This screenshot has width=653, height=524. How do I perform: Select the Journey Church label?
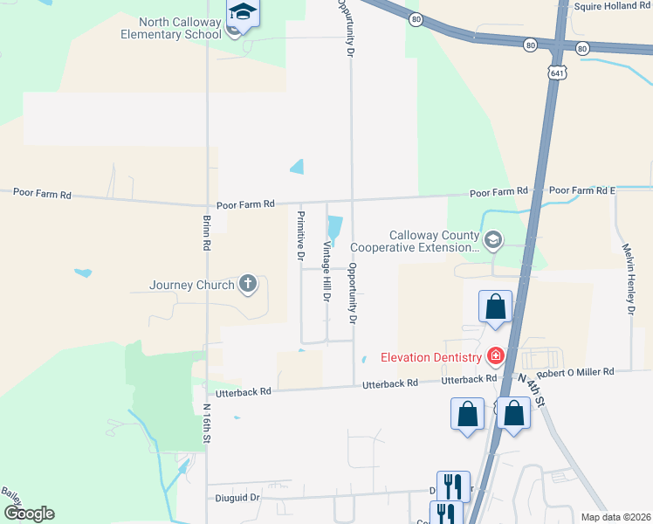(192, 285)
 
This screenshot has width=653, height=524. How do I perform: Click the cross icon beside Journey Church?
(248, 283)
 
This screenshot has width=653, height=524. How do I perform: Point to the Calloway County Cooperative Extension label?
(434, 242)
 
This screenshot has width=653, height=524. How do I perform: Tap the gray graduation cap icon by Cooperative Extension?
(493, 239)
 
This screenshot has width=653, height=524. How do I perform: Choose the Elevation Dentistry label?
(430, 357)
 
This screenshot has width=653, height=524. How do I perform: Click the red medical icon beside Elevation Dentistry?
(496, 356)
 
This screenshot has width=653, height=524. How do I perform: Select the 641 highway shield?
(557, 73)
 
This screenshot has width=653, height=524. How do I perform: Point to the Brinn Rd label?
(207, 234)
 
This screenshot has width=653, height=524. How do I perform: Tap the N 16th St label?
(208, 423)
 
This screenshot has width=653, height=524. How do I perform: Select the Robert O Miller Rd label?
(575, 372)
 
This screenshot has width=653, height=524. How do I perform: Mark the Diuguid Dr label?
(237, 498)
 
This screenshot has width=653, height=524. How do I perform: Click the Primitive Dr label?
(300, 236)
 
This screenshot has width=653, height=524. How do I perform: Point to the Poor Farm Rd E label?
(582, 190)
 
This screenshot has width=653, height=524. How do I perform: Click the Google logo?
(30, 514)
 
